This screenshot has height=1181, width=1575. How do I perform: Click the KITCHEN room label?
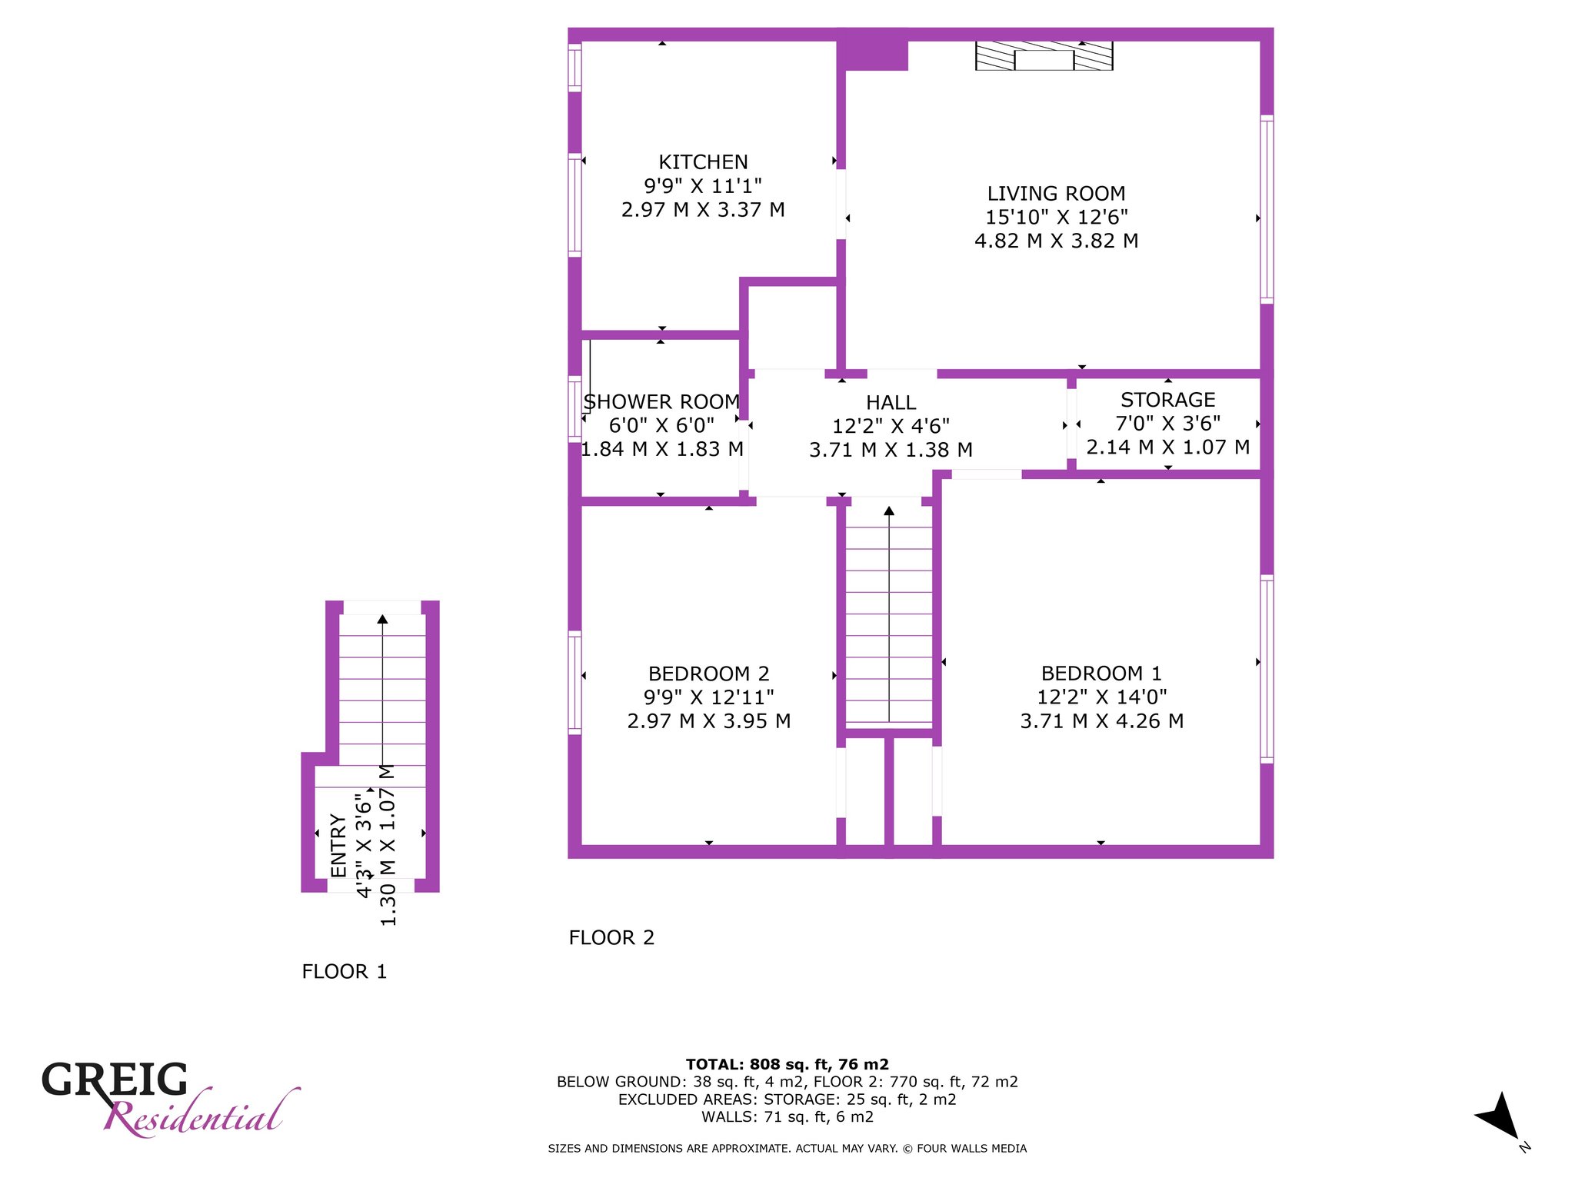(703, 162)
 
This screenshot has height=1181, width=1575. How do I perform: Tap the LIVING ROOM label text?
(1056, 194)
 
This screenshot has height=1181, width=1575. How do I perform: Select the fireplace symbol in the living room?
(1044, 56)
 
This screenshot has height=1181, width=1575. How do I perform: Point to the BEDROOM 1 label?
(1101, 674)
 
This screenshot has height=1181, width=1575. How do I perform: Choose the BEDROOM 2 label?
(708, 674)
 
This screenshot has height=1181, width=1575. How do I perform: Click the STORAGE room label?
(1167, 400)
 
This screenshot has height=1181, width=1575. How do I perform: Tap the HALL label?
(891, 403)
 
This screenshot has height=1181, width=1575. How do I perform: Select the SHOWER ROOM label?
(661, 402)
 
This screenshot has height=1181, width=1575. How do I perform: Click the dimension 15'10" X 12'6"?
(1056, 218)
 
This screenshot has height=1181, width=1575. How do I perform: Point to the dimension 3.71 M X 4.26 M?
(1101, 721)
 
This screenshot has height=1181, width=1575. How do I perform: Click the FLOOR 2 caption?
(611, 938)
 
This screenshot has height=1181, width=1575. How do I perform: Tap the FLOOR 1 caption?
(344, 972)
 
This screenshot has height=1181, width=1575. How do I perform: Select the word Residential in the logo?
(201, 1114)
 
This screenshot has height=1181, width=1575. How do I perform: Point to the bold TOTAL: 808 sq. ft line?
(787, 1065)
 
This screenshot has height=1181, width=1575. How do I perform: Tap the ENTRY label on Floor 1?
(338, 845)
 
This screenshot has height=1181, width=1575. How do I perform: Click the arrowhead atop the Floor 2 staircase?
(889, 511)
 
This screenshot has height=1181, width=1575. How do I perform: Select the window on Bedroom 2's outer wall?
(574, 681)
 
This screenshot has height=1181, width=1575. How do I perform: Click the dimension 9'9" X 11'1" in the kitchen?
(703, 186)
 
